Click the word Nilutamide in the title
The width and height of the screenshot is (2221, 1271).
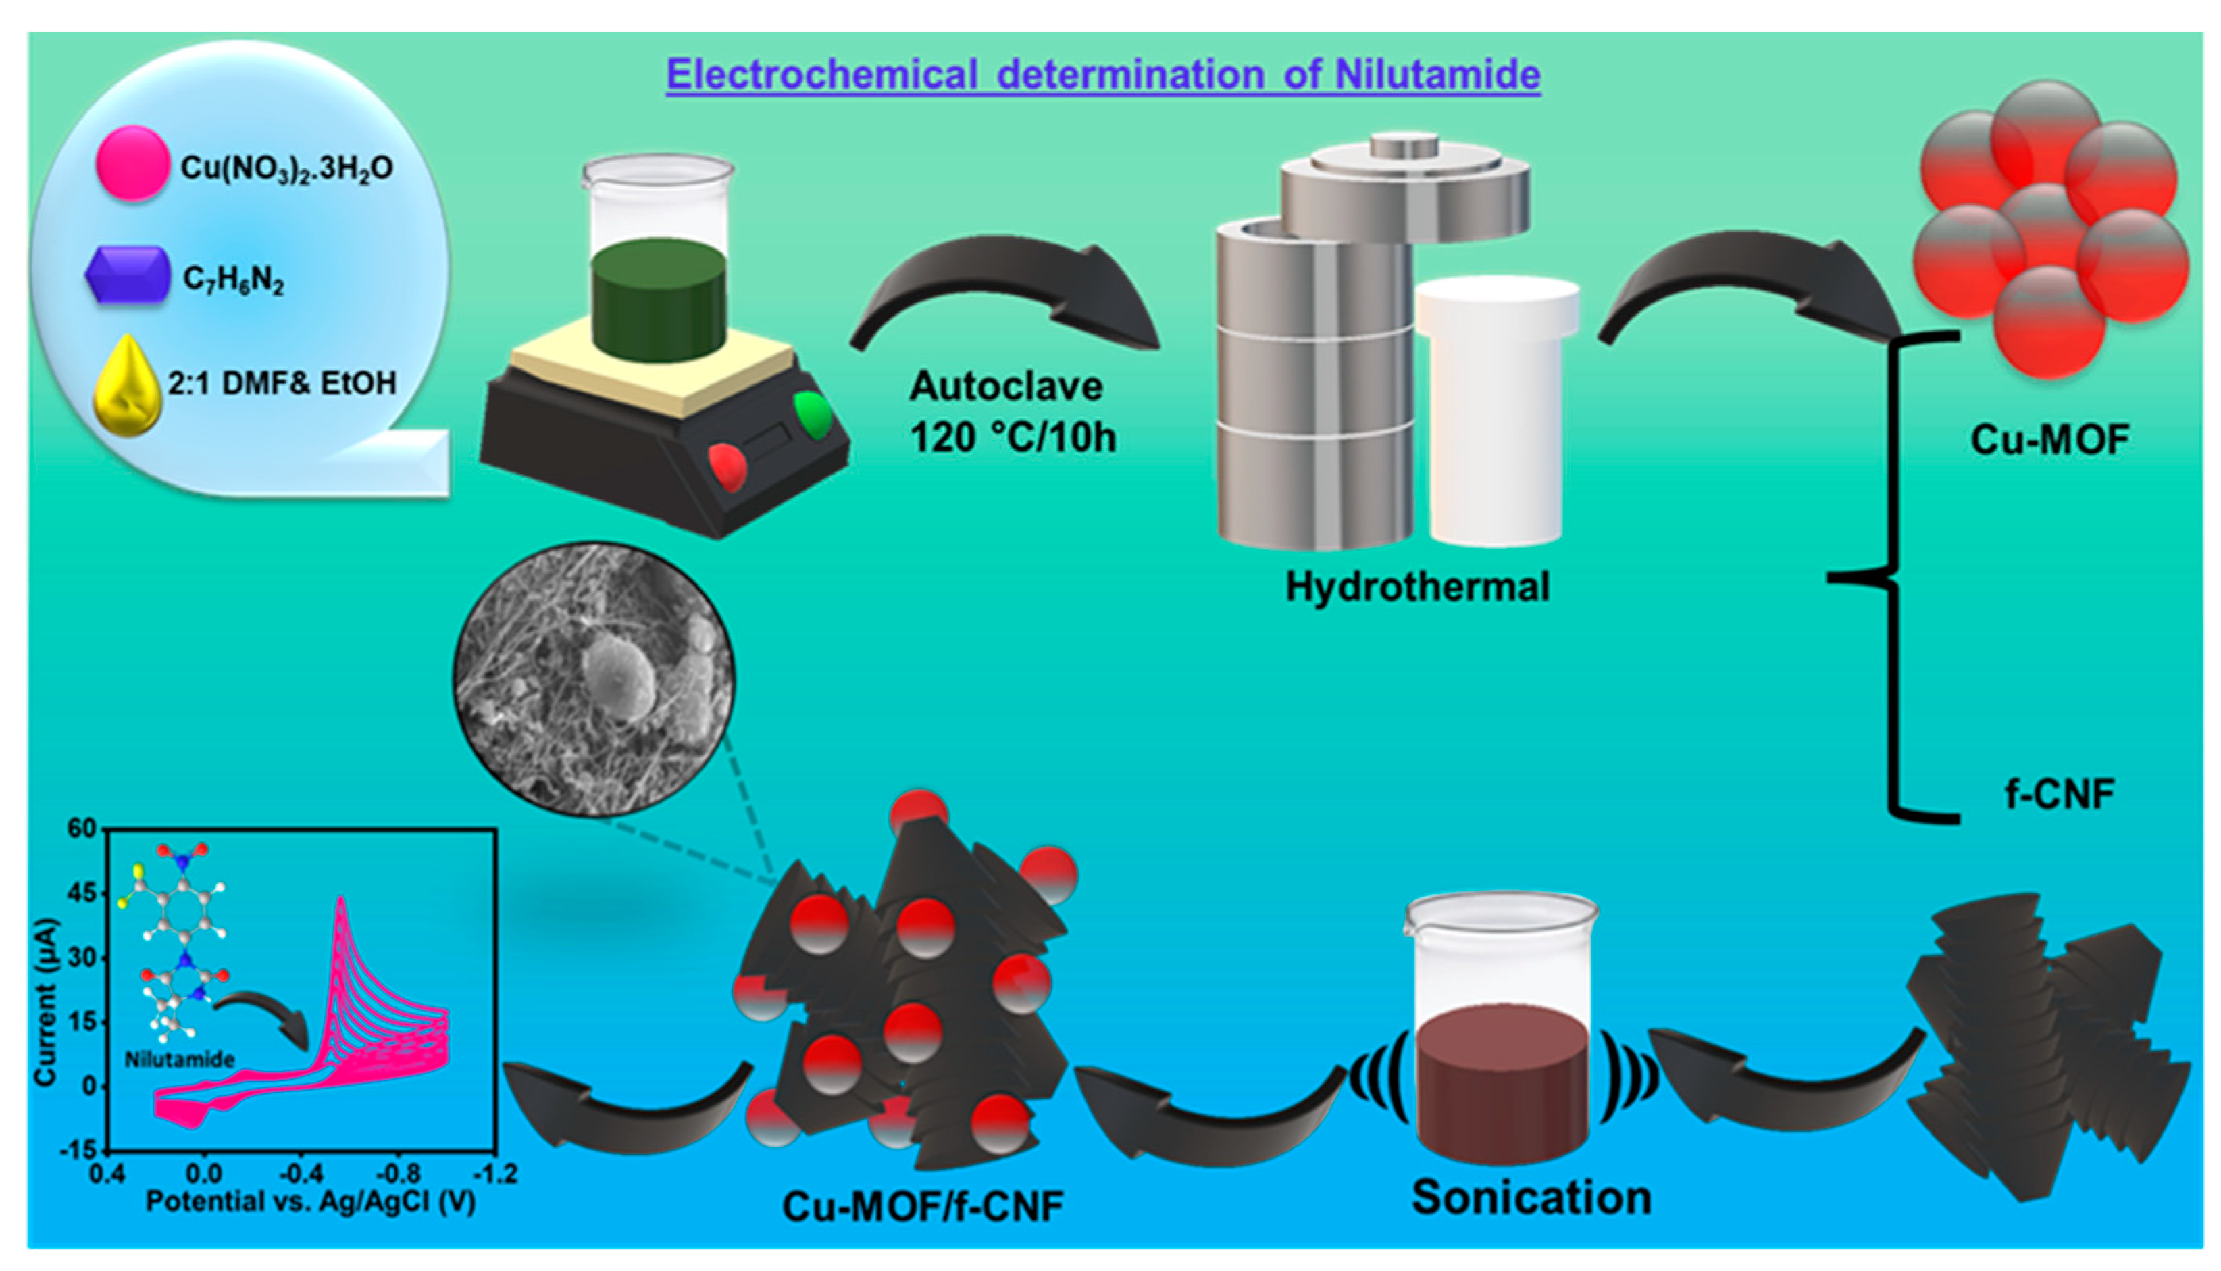pyautogui.click(x=1437, y=75)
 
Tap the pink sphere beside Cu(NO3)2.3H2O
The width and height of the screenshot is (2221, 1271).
pyautogui.click(x=132, y=164)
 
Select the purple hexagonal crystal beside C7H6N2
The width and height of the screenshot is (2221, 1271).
pyautogui.click(x=128, y=276)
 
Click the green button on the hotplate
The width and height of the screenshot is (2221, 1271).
pyautogui.click(x=813, y=416)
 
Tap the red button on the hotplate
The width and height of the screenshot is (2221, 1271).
pyautogui.click(x=729, y=467)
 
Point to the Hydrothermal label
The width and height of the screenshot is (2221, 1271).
pyautogui.click(x=1417, y=587)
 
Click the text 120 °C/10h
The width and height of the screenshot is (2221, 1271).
pyautogui.click(x=1013, y=437)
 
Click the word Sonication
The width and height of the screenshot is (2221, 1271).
pyautogui.click(x=1531, y=1197)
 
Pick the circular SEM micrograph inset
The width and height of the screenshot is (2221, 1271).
pyautogui.click(x=594, y=679)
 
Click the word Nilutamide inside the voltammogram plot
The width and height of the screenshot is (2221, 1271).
pyautogui.click(x=180, y=1060)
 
